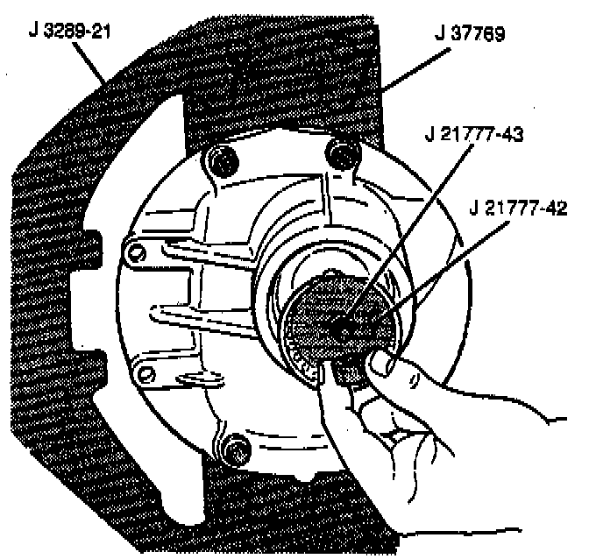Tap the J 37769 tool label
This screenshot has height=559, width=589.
click(x=471, y=37)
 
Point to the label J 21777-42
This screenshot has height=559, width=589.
click(x=519, y=208)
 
